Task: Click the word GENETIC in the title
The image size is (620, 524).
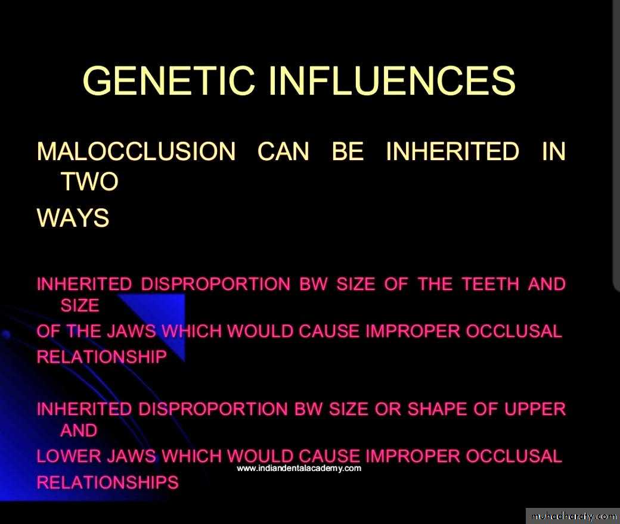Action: pyautogui.click(x=169, y=80)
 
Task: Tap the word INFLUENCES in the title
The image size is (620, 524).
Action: pyautogui.click(x=392, y=80)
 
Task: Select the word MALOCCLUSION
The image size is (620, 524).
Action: pyautogui.click(x=136, y=151)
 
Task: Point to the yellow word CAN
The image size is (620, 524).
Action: pyautogui.click(x=283, y=151)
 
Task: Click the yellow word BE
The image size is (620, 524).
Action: pyautogui.click(x=348, y=151)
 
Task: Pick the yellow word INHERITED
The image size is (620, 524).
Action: pyautogui.click(x=452, y=151)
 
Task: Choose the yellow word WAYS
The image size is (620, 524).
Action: pyautogui.click(x=73, y=217)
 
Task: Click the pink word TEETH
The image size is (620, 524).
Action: pyautogui.click(x=491, y=284)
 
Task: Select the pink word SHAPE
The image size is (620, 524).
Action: pyautogui.click(x=436, y=409)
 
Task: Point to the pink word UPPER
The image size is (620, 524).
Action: pyautogui.click(x=535, y=409)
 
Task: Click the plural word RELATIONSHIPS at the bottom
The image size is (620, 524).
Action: pyautogui.click(x=107, y=482)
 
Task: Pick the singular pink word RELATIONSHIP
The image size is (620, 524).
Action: pyautogui.click(x=101, y=357)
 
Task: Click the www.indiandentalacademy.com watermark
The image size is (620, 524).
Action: pyautogui.click(x=299, y=468)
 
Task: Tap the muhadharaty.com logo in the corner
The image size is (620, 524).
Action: pyautogui.click(x=573, y=516)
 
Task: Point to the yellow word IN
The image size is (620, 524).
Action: pyautogui.click(x=554, y=151)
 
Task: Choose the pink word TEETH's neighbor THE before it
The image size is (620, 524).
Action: pyautogui.click(x=435, y=284)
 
